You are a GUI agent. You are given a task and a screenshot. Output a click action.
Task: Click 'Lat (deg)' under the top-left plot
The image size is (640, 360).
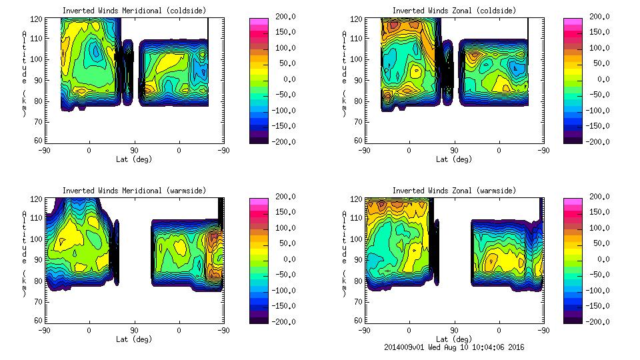(x=134, y=159)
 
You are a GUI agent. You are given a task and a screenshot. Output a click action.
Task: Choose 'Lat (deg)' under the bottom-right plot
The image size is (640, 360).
(x=454, y=339)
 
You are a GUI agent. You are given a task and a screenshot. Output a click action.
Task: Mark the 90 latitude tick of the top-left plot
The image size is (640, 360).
(x=134, y=150)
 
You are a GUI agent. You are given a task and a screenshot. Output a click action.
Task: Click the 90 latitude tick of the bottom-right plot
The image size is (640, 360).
(x=454, y=330)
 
